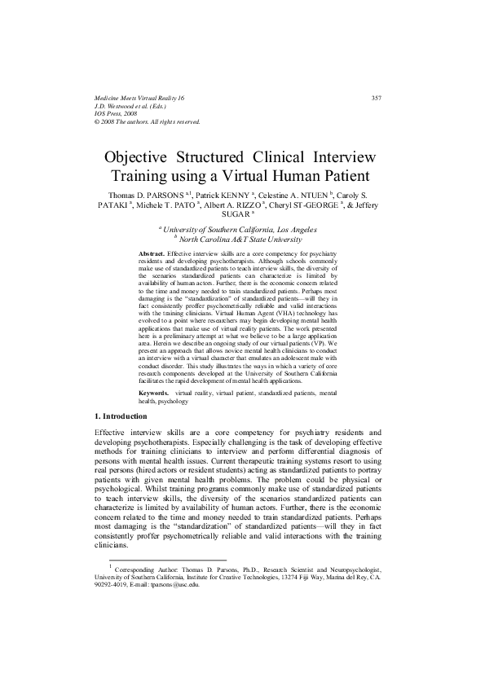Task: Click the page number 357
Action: click(x=377, y=98)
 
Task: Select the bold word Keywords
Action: click(x=154, y=393)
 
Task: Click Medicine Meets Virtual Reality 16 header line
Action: click(x=140, y=98)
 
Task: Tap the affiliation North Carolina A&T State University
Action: click(x=241, y=240)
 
